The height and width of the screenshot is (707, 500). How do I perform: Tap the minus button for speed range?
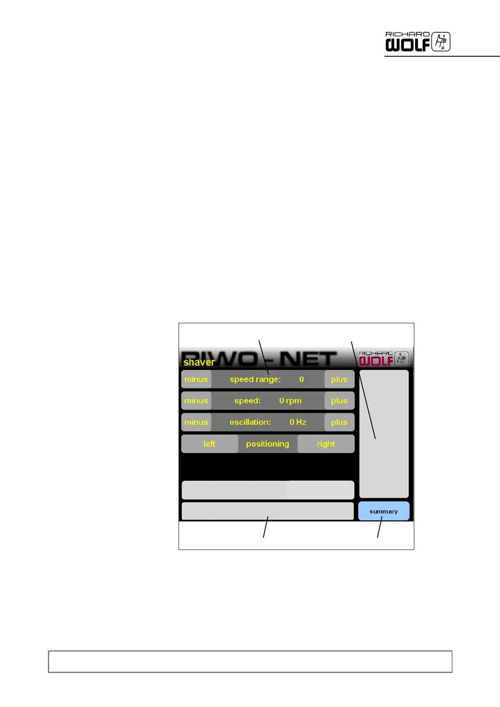(x=196, y=380)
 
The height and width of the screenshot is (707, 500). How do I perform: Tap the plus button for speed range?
(x=339, y=380)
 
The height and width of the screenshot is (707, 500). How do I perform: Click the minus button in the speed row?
(x=196, y=401)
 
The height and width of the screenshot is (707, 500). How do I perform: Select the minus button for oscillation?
(x=196, y=422)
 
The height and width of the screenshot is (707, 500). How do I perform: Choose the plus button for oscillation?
(x=339, y=422)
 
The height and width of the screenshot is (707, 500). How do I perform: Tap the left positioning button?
(x=210, y=444)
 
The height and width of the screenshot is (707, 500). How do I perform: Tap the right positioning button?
(x=326, y=444)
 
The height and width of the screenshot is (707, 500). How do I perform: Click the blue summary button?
(x=384, y=511)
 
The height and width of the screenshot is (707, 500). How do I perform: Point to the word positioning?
(x=268, y=444)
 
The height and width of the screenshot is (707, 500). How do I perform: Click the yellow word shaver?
(x=199, y=362)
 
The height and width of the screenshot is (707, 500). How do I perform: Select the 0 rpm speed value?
(x=290, y=401)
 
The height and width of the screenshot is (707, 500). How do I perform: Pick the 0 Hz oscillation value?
(x=298, y=422)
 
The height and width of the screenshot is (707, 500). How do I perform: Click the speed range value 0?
(x=301, y=380)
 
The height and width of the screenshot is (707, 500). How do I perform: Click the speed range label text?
(x=255, y=380)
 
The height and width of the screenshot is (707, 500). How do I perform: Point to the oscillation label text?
(x=250, y=422)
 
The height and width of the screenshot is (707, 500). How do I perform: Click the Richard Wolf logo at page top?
(x=418, y=42)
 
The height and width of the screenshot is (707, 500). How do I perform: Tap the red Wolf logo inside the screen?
(x=383, y=359)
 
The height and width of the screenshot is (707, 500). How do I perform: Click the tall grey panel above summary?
(x=384, y=434)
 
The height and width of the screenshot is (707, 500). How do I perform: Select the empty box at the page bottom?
(x=250, y=662)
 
